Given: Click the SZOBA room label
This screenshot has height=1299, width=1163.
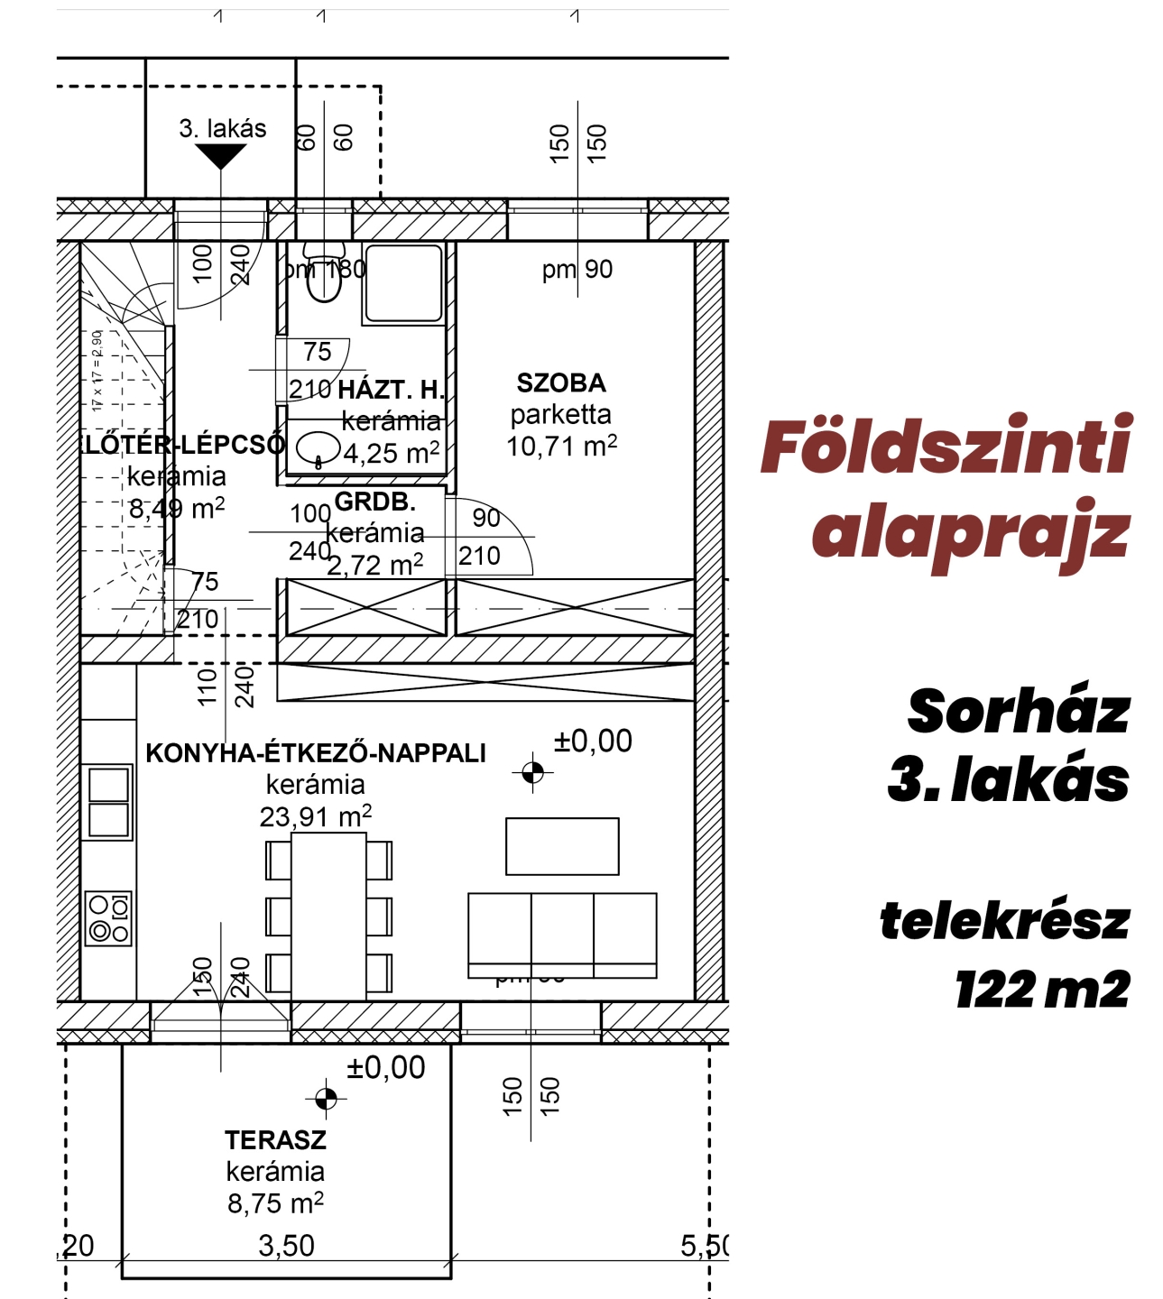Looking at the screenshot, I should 560,383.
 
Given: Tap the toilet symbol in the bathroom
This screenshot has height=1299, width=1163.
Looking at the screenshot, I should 323,274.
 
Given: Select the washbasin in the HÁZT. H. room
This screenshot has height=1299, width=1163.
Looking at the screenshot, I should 318,447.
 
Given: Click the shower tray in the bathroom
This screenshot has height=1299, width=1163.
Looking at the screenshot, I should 403,282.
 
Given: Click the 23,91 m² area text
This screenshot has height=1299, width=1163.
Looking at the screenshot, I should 315,817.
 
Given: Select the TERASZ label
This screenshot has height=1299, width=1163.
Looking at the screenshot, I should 275,1140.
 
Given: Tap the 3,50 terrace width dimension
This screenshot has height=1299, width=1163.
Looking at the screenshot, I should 286,1246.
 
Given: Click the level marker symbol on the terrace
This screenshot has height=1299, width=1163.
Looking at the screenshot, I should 326,1098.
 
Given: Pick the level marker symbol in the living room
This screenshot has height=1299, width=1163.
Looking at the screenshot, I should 532,772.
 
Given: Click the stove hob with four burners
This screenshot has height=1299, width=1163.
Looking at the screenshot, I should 108,918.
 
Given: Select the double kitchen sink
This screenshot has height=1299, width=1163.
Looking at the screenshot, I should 108,802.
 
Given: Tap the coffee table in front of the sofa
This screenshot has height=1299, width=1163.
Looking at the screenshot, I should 562,846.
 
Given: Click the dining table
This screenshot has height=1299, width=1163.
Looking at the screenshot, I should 328,916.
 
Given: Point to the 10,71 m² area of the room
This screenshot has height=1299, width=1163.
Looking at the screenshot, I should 561,447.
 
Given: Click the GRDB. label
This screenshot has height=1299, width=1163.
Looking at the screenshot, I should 374,502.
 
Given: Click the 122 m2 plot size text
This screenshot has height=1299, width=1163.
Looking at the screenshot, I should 1042,990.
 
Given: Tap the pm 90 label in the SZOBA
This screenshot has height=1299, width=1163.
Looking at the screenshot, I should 577,270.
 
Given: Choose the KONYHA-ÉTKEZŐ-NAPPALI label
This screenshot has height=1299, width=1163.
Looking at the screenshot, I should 316,753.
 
